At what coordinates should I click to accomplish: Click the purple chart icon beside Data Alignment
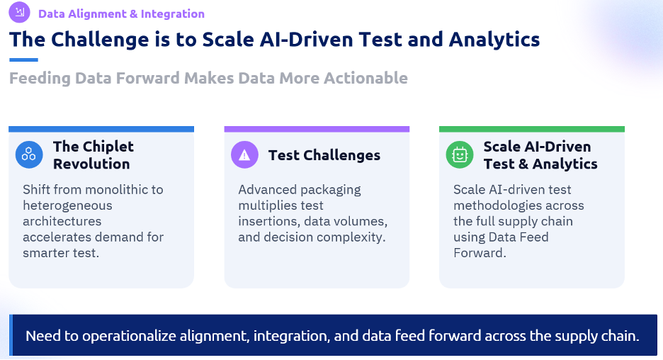coord(19,12)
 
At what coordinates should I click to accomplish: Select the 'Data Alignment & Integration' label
coord(121,14)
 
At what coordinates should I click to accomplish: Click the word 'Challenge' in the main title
coord(100,40)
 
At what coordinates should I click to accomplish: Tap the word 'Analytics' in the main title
coord(494,40)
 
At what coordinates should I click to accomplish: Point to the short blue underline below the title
coord(23,60)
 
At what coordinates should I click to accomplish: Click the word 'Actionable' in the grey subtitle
coord(365,78)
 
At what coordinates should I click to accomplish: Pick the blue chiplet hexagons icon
coord(29,154)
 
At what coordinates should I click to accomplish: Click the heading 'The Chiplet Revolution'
coord(93,154)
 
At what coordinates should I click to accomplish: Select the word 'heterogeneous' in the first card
coord(68,206)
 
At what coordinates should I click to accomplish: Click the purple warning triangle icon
coord(244,154)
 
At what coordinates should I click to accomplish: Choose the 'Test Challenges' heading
coord(324,155)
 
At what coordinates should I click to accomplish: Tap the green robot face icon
coord(460,154)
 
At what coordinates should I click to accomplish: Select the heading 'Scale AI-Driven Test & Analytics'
coord(540,154)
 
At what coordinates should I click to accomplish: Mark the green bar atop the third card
coord(532,129)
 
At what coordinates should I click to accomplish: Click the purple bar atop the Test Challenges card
coord(317,129)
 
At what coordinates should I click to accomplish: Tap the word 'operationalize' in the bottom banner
coord(129,336)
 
